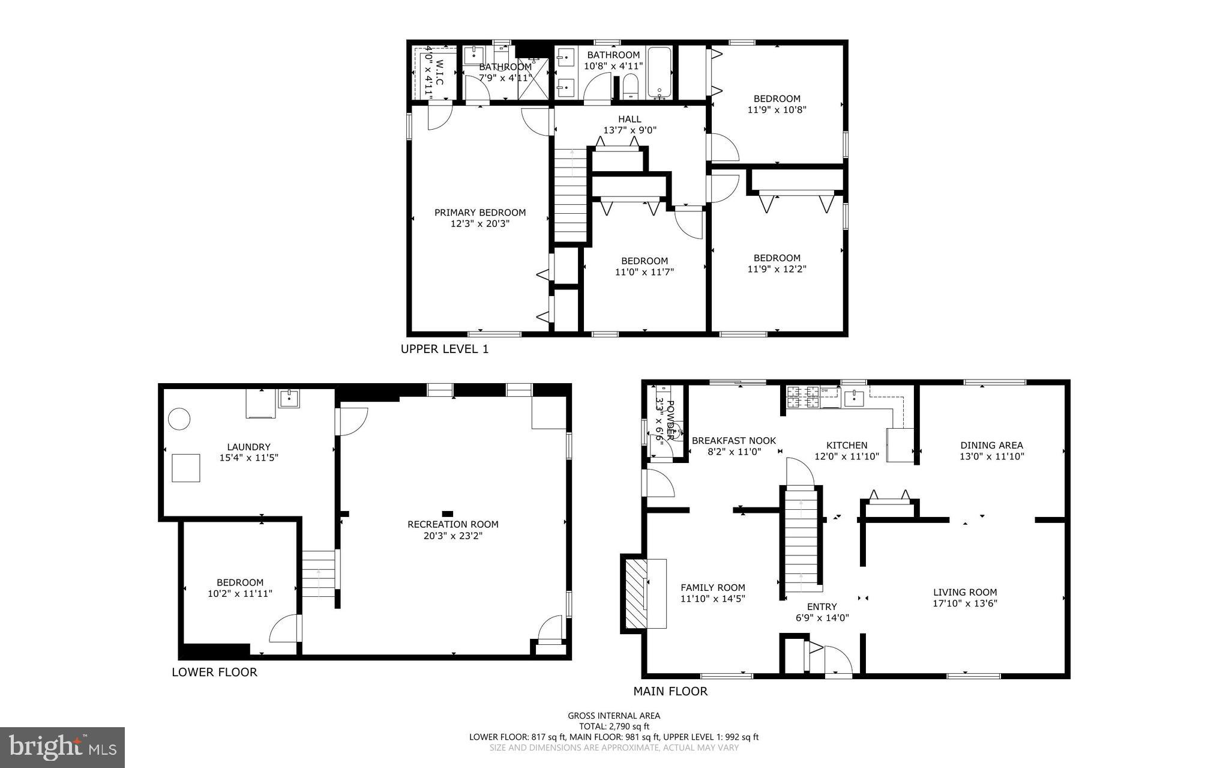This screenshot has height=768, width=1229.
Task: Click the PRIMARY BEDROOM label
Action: pos(480,213)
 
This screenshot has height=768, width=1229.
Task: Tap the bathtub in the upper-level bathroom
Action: pos(661,72)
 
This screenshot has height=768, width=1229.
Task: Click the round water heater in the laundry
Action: pos(179,419)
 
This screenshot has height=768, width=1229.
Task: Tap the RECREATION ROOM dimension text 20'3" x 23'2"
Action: pos(452,536)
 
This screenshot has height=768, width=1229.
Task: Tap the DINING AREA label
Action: pos(991,446)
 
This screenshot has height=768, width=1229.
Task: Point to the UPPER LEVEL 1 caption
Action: pos(445,349)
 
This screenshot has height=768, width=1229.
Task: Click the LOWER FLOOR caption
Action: pos(214,673)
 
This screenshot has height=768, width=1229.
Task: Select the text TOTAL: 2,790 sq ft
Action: pos(614,726)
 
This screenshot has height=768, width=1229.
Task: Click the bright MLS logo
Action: pos(62,747)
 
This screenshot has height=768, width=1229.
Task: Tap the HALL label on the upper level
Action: pos(630,119)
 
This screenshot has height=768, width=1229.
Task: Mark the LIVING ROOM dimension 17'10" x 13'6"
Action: pos(965,603)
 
